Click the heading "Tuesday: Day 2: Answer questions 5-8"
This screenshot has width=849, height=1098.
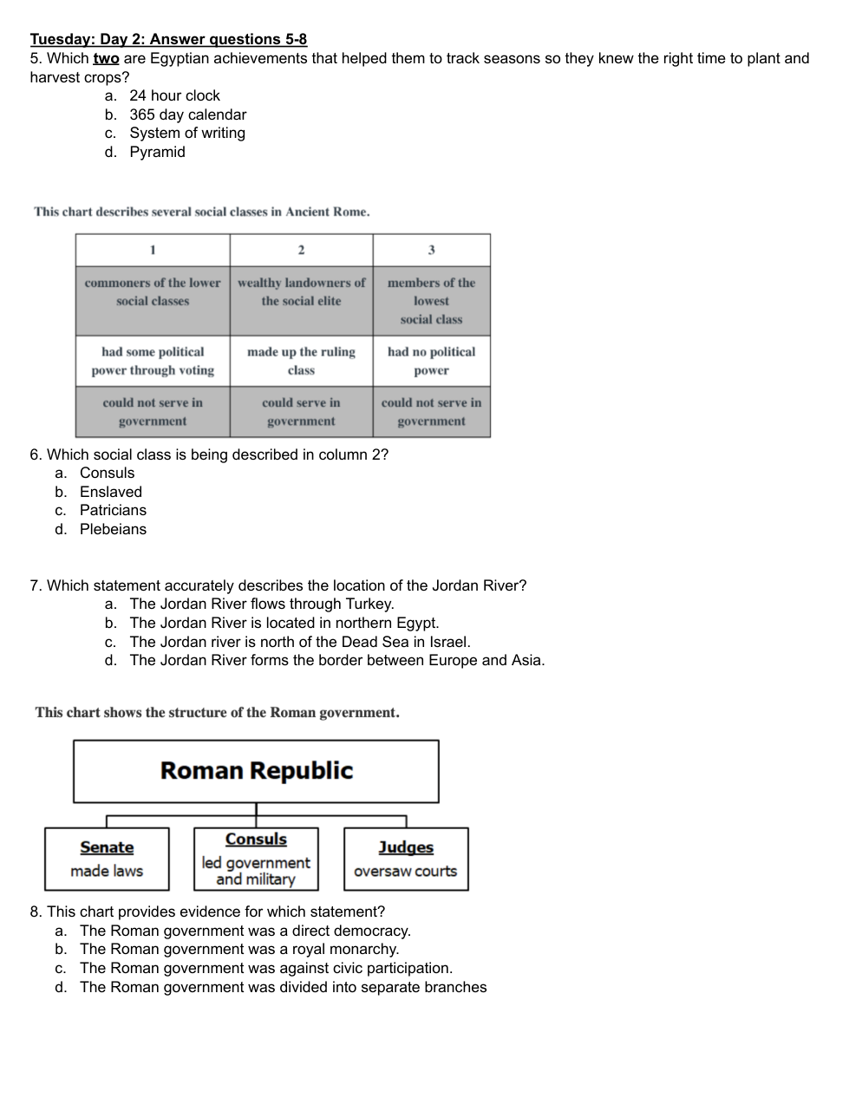[x=168, y=39]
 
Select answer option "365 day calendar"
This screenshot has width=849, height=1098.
[x=187, y=114]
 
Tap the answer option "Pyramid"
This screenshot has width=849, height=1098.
[x=157, y=152]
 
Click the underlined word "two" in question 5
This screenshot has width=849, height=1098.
[x=106, y=58]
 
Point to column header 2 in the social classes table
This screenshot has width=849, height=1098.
[x=301, y=250]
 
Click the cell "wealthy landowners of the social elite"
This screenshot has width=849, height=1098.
[x=301, y=292]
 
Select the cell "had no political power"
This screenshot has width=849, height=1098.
[x=431, y=361]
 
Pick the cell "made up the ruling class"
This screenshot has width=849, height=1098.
[x=301, y=361]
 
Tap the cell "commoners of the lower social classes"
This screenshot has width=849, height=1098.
[x=153, y=292]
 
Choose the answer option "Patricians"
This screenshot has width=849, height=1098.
[x=113, y=510]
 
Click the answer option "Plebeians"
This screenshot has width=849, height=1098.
[x=113, y=529]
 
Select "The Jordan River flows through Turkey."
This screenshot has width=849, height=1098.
[x=261, y=604]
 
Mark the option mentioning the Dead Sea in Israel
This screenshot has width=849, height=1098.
[x=299, y=642]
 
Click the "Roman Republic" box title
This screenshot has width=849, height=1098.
[x=257, y=770]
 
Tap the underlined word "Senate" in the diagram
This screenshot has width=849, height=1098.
[x=107, y=847]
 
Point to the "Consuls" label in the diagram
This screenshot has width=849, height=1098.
[x=256, y=839]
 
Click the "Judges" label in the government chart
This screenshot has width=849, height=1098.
[x=406, y=847]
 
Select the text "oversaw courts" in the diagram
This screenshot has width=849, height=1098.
[x=405, y=871]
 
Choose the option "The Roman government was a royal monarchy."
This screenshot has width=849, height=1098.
[x=238, y=949]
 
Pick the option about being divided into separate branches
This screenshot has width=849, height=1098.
[x=283, y=987]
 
